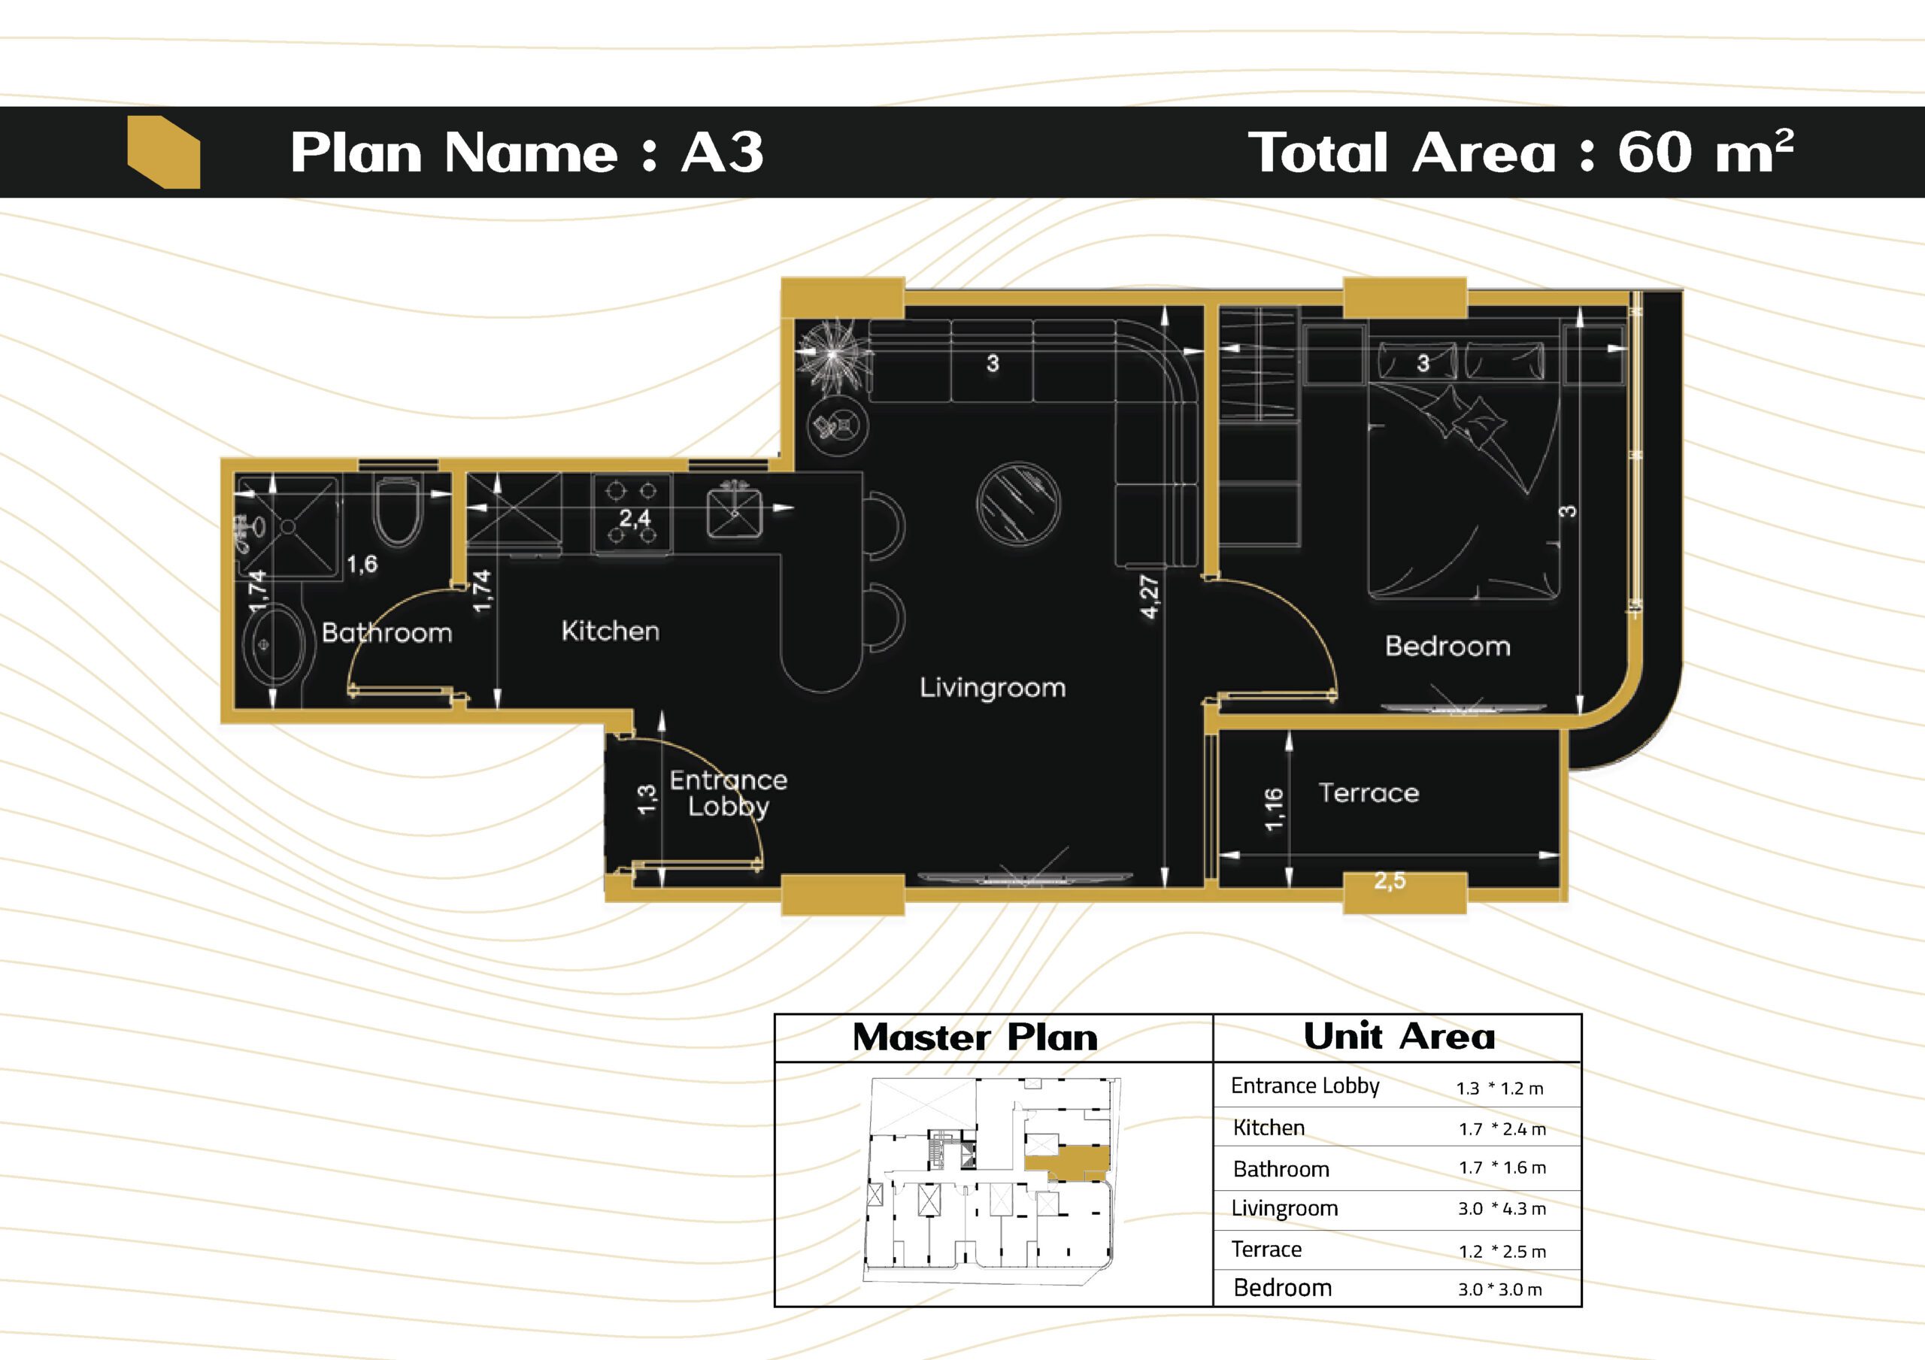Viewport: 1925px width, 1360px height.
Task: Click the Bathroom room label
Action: click(x=387, y=632)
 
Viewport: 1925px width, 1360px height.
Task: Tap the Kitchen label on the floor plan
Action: click(x=611, y=631)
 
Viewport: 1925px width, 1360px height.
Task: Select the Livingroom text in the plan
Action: click(x=993, y=688)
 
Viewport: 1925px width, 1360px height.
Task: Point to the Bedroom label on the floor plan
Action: click(x=1448, y=646)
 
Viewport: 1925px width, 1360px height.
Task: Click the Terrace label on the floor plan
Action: click(x=1369, y=792)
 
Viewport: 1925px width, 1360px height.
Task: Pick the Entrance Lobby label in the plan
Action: click(x=729, y=793)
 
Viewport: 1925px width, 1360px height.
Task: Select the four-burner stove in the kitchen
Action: click(x=632, y=513)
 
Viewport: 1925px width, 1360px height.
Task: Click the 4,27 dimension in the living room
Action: click(x=1150, y=596)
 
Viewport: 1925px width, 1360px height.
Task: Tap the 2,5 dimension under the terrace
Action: click(x=1390, y=880)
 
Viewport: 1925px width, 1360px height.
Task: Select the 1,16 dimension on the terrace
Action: click(x=1274, y=809)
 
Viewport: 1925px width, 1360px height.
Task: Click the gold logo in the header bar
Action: click(x=163, y=152)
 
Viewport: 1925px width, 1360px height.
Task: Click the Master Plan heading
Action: click(x=975, y=1037)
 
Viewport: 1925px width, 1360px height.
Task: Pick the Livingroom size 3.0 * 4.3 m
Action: click(x=1502, y=1209)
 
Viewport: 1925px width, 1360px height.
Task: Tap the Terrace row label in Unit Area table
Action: click(x=1266, y=1249)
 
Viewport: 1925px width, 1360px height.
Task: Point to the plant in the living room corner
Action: click(x=832, y=356)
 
